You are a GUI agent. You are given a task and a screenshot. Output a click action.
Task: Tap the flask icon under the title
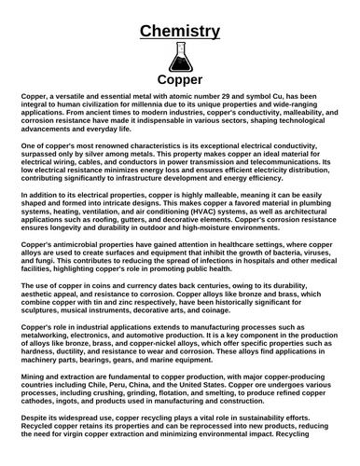[x=180, y=58]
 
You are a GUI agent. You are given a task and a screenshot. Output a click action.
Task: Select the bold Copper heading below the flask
[x=180, y=79]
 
